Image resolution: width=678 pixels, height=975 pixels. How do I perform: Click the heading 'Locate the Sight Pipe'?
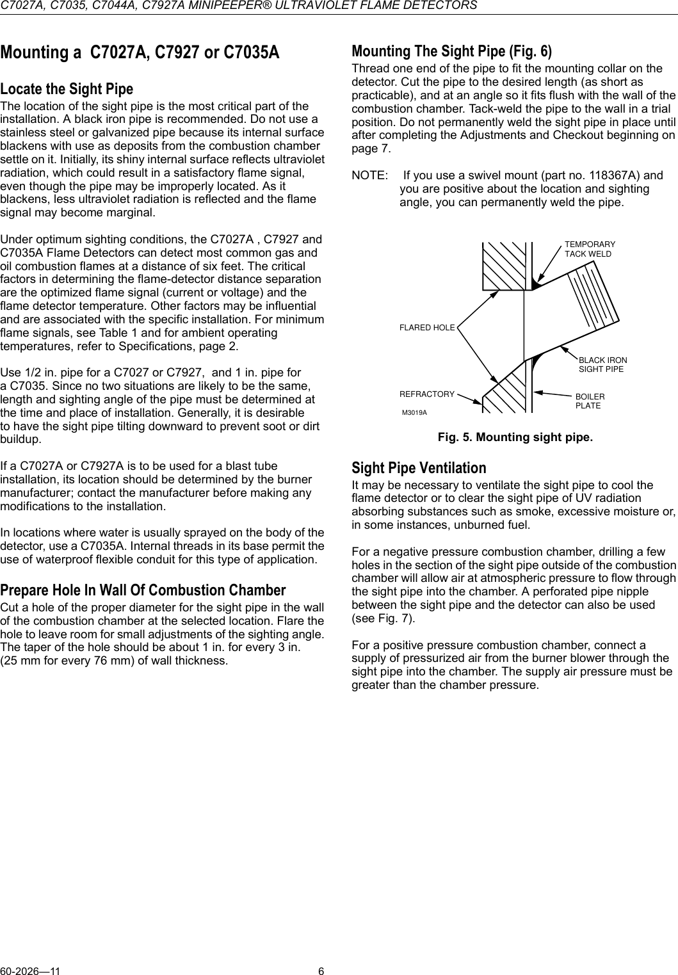(67, 89)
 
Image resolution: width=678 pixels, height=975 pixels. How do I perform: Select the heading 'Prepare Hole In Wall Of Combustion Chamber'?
(143, 590)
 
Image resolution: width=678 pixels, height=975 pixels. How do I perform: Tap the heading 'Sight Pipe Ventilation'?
(419, 468)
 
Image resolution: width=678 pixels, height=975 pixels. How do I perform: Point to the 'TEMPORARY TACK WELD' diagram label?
(589, 249)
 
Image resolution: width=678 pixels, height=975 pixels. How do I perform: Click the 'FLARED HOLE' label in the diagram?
(427, 328)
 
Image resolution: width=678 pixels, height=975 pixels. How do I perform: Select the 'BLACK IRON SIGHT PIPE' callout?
(602, 365)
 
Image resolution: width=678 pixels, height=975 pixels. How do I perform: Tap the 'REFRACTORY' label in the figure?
(427, 394)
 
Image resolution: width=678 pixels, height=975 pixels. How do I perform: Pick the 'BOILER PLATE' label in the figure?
(590, 401)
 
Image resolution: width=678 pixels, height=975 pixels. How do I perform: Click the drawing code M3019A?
(414, 412)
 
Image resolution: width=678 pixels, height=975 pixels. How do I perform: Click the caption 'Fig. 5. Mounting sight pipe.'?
(515, 438)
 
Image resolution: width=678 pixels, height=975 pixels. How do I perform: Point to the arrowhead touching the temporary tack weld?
(538, 278)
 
